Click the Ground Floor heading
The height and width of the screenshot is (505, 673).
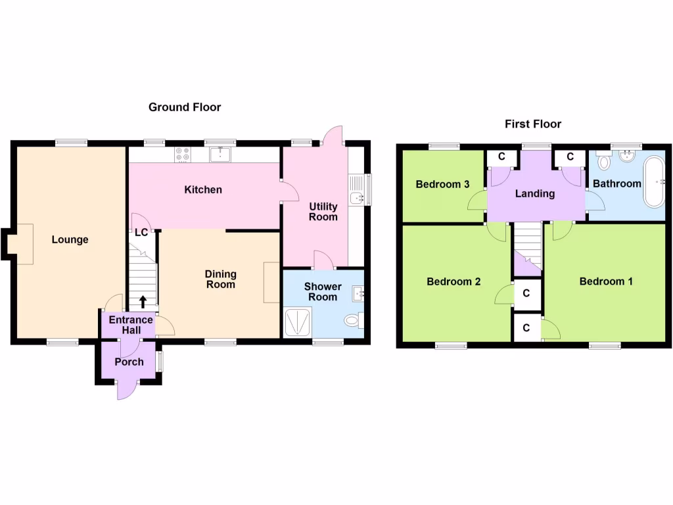185,107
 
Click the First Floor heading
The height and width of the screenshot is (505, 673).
533,124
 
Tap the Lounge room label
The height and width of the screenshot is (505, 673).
70,239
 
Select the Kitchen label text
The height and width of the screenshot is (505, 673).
203,189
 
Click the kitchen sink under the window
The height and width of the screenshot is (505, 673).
220,155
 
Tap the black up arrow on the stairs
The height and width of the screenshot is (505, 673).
143,302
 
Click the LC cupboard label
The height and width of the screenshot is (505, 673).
141,231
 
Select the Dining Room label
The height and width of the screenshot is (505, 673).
220,279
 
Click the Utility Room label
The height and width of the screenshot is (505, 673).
323,212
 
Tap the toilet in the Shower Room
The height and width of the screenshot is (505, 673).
354,321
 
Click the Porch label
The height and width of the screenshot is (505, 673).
129,362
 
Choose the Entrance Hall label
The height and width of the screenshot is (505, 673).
130,324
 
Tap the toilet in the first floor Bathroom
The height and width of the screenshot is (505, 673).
603,160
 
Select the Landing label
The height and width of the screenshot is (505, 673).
535,193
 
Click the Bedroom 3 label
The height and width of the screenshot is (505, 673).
442,184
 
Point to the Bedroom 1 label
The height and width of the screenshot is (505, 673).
606,281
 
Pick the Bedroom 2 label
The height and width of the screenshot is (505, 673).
453,281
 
